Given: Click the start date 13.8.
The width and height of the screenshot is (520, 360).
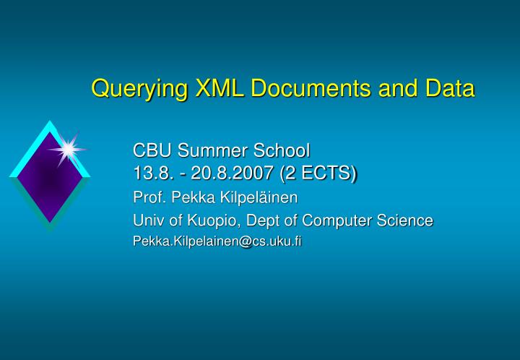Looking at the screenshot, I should click(150, 173).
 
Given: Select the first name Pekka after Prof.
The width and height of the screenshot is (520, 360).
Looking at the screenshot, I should click(188, 197).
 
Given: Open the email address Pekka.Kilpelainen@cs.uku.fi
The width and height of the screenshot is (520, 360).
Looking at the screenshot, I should click(217, 241).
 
